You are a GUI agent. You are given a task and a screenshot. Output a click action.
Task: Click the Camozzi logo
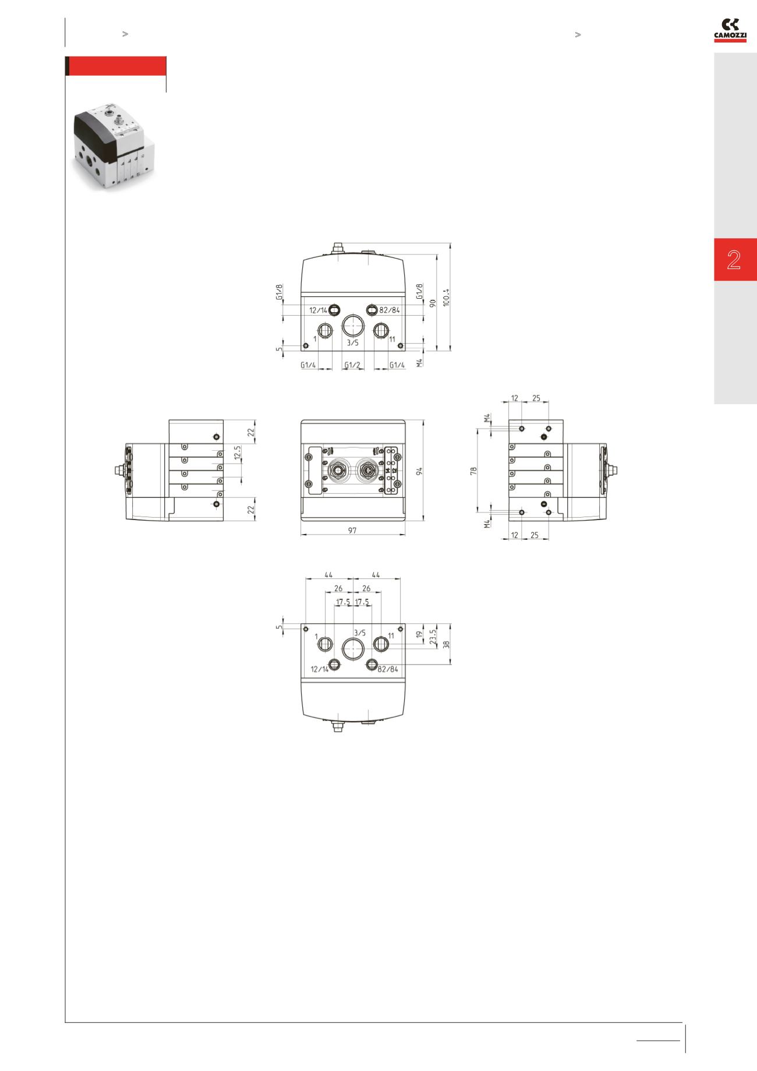pyautogui.click(x=730, y=30)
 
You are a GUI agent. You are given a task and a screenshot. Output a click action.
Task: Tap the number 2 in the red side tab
pyautogui.click(x=734, y=260)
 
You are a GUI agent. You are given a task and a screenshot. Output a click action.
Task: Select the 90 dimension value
pyautogui.click(x=433, y=303)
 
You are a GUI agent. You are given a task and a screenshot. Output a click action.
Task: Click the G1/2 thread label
pyautogui.click(x=352, y=365)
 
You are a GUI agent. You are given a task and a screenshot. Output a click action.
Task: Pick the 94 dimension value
pyautogui.click(x=419, y=470)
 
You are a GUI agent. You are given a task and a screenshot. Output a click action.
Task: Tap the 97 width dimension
pyautogui.click(x=352, y=531)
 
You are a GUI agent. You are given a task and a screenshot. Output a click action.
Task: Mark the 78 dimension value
pyautogui.click(x=473, y=470)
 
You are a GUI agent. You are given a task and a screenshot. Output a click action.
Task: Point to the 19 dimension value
pyautogui.click(x=419, y=635)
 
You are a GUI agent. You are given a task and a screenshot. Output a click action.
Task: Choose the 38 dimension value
pyautogui.click(x=447, y=645)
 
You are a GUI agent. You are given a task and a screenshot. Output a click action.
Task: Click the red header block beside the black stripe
pyautogui.click(x=118, y=66)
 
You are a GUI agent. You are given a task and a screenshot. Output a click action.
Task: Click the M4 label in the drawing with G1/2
pyautogui.click(x=419, y=362)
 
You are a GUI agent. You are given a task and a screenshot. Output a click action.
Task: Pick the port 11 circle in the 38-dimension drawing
pyautogui.click(x=381, y=644)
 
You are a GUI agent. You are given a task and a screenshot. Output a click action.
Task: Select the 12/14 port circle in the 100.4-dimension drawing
pyautogui.click(x=335, y=309)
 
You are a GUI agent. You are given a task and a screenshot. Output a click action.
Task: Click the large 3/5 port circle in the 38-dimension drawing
pyautogui.click(x=353, y=648)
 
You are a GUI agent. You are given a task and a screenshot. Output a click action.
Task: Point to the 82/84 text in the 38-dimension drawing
pyautogui.click(x=388, y=669)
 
